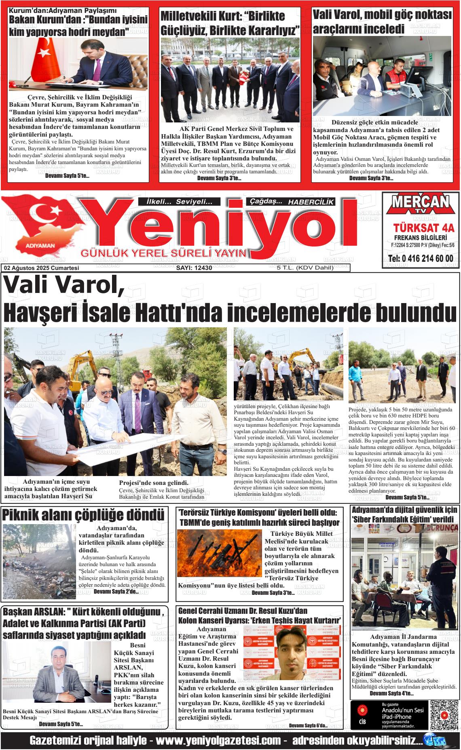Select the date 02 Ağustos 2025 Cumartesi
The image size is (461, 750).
pos(41,268)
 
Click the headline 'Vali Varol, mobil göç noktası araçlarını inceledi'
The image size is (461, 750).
pos(382,22)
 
